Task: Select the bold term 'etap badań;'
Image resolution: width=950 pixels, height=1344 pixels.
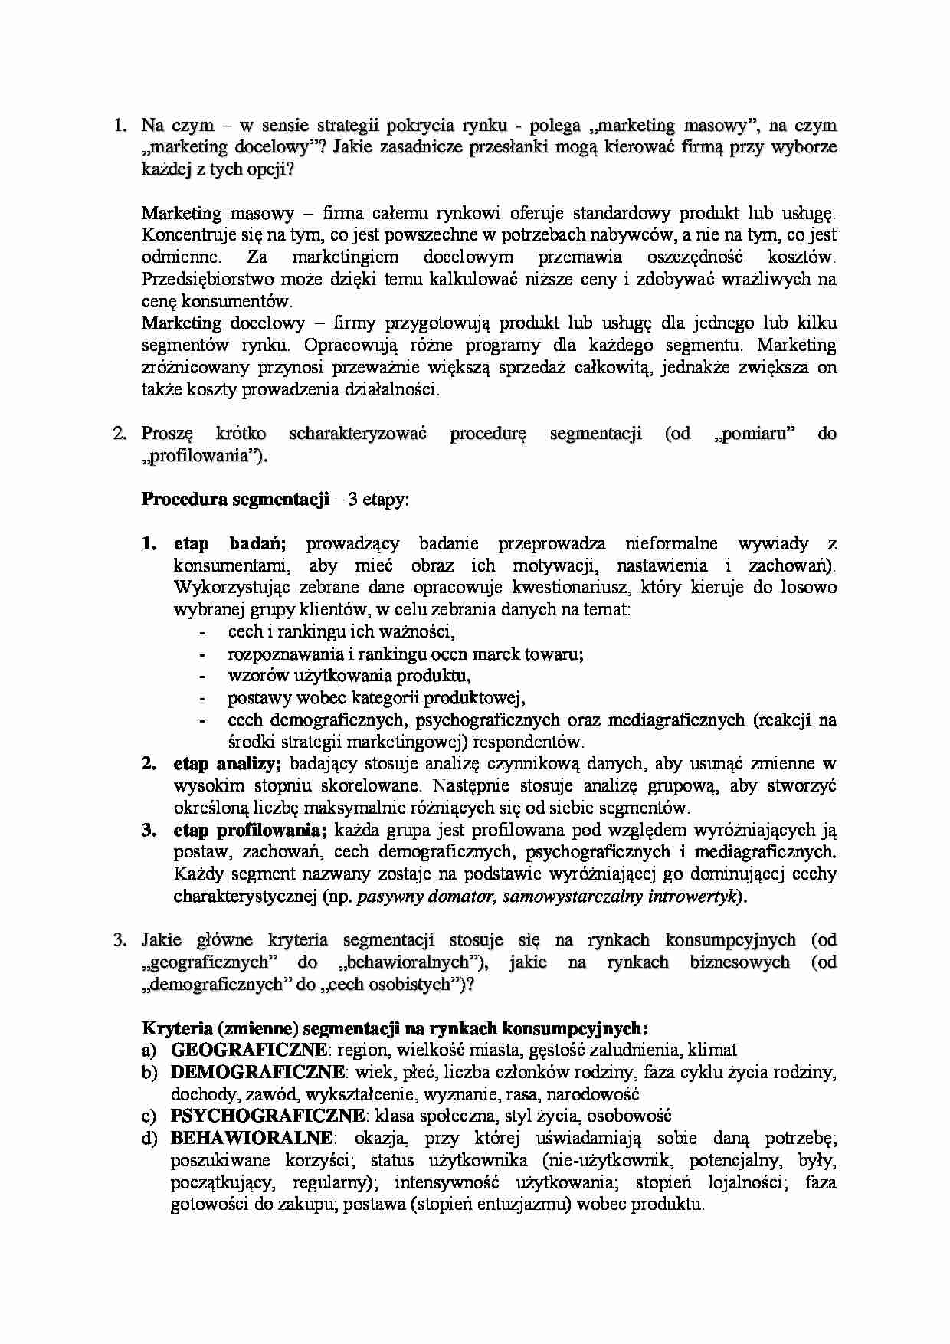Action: click(x=230, y=544)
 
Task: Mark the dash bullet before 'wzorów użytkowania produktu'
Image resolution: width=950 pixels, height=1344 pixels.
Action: click(x=202, y=677)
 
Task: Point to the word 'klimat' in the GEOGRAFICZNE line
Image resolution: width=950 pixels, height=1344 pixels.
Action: click(x=712, y=1050)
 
